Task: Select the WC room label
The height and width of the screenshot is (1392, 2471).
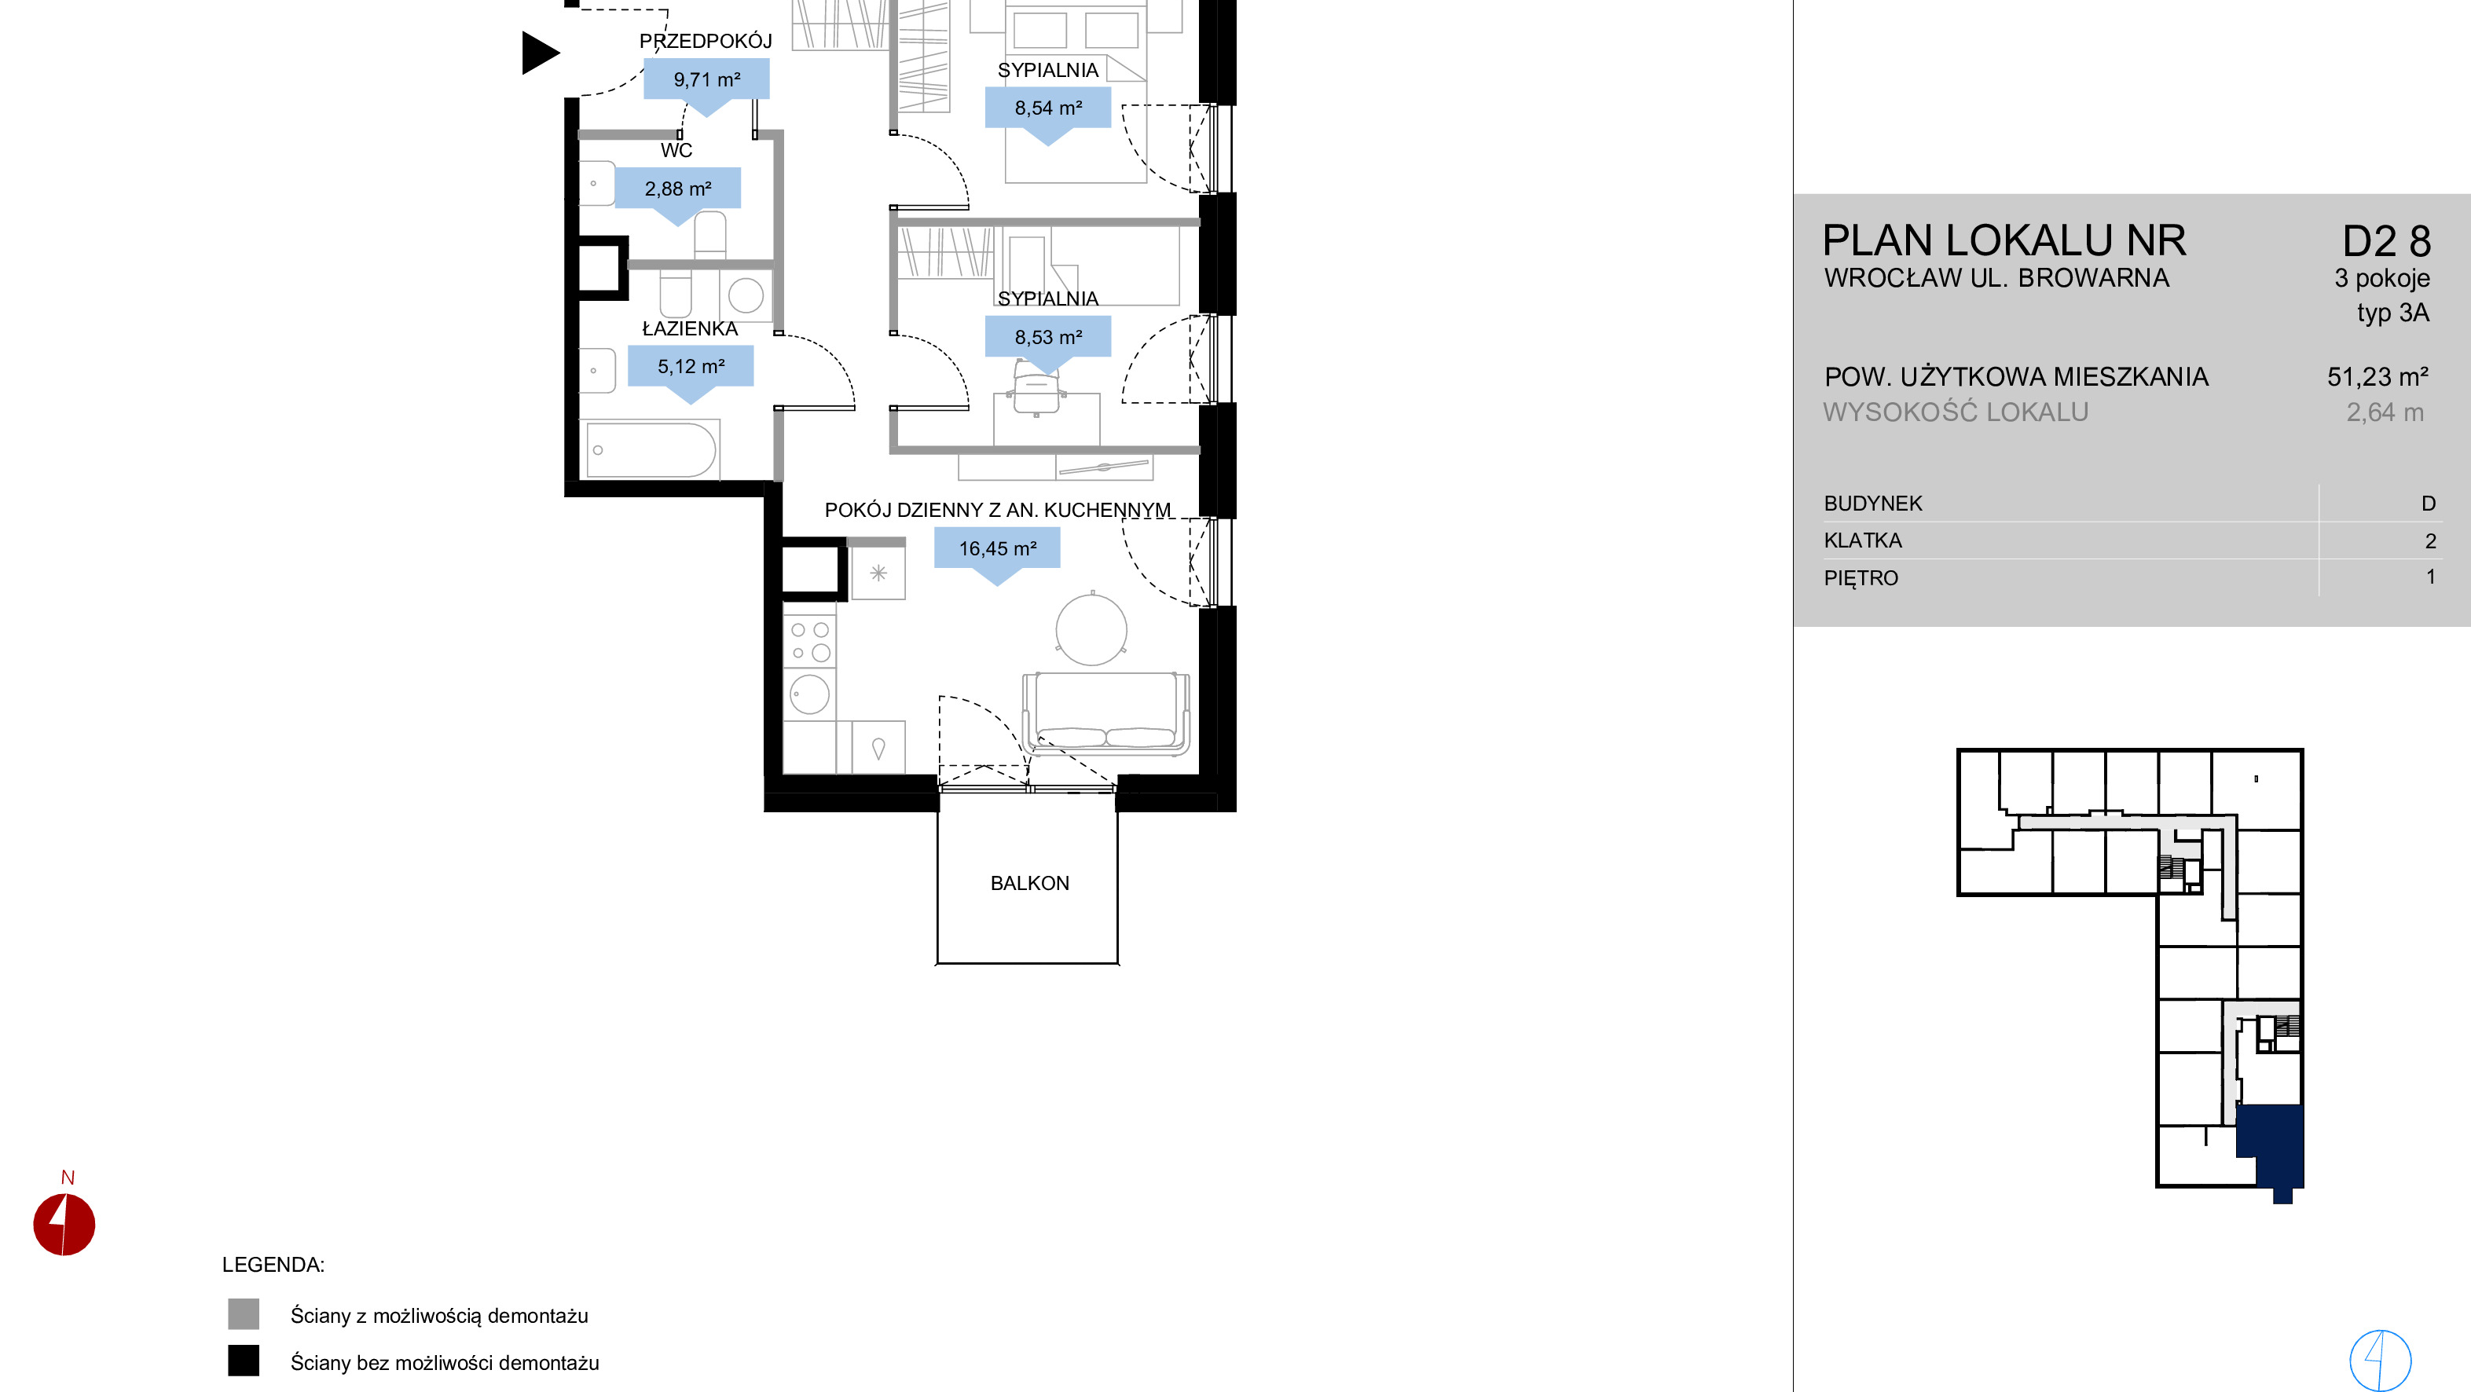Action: click(676, 151)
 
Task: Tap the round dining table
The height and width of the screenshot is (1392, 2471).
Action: click(1091, 629)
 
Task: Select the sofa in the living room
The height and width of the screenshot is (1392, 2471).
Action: click(1106, 712)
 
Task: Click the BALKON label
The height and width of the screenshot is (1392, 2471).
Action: click(1029, 884)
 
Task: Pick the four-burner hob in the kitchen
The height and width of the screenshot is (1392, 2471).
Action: click(809, 641)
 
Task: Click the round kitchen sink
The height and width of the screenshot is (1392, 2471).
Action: click(809, 694)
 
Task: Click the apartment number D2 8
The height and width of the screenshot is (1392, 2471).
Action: click(2387, 242)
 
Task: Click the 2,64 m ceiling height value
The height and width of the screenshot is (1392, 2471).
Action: click(2385, 412)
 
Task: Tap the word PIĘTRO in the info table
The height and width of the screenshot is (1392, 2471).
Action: click(1861, 578)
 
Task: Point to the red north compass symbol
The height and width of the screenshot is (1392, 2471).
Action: click(64, 1224)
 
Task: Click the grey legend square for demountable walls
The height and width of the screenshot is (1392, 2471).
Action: click(244, 1314)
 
